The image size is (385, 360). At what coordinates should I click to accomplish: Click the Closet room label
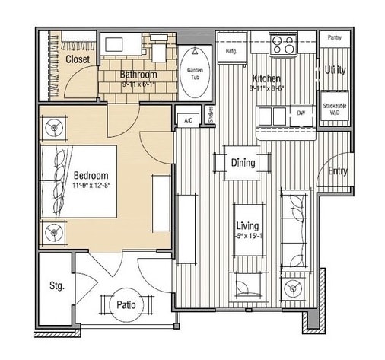[78, 59]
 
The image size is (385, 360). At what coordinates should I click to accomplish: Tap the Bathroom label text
[138, 75]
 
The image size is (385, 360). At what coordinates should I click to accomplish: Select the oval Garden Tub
[195, 72]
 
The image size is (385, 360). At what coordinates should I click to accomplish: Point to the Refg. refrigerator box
[231, 51]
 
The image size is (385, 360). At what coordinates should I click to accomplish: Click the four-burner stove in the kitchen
[283, 43]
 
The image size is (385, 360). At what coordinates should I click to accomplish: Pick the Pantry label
[333, 37]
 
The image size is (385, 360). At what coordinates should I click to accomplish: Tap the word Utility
[335, 70]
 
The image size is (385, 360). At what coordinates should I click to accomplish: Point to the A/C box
[187, 120]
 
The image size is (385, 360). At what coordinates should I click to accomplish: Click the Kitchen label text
[266, 79]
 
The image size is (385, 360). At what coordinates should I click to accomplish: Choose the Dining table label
[243, 163]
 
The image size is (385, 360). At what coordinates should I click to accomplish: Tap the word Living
[247, 226]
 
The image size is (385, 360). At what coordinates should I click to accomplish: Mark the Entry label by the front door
[337, 171]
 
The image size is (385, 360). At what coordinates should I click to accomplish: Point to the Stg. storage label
[57, 287]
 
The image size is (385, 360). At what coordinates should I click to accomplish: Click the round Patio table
[126, 305]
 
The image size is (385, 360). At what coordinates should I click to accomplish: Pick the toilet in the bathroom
[159, 51]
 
